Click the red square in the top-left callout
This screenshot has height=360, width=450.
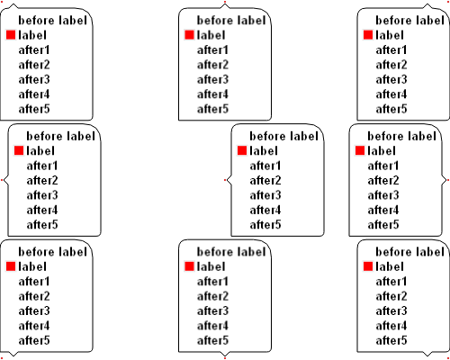pos(11,35)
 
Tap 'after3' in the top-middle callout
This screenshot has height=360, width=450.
pos(212,79)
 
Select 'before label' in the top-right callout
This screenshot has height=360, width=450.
pos(409,21)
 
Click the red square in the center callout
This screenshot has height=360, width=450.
pos(242,150)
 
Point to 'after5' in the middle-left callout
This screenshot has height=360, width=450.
pos(42,225)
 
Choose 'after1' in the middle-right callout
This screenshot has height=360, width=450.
pos(383,166)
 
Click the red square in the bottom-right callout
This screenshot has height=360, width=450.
pos(368,266)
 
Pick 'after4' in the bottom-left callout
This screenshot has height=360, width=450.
pos(34,326)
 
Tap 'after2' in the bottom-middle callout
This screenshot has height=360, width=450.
pos(212,296)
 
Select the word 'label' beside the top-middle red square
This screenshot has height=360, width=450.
pos(211,35)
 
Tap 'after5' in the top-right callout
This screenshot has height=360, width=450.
pos(391,109)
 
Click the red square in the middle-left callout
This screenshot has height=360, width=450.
pos(19,150)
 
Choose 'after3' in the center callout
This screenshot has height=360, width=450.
pos(265,195)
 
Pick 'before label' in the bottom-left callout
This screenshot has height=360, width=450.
pos(52,252)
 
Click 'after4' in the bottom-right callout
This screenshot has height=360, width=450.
pos(391,326)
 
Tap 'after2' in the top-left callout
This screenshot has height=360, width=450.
pos(34,65)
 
